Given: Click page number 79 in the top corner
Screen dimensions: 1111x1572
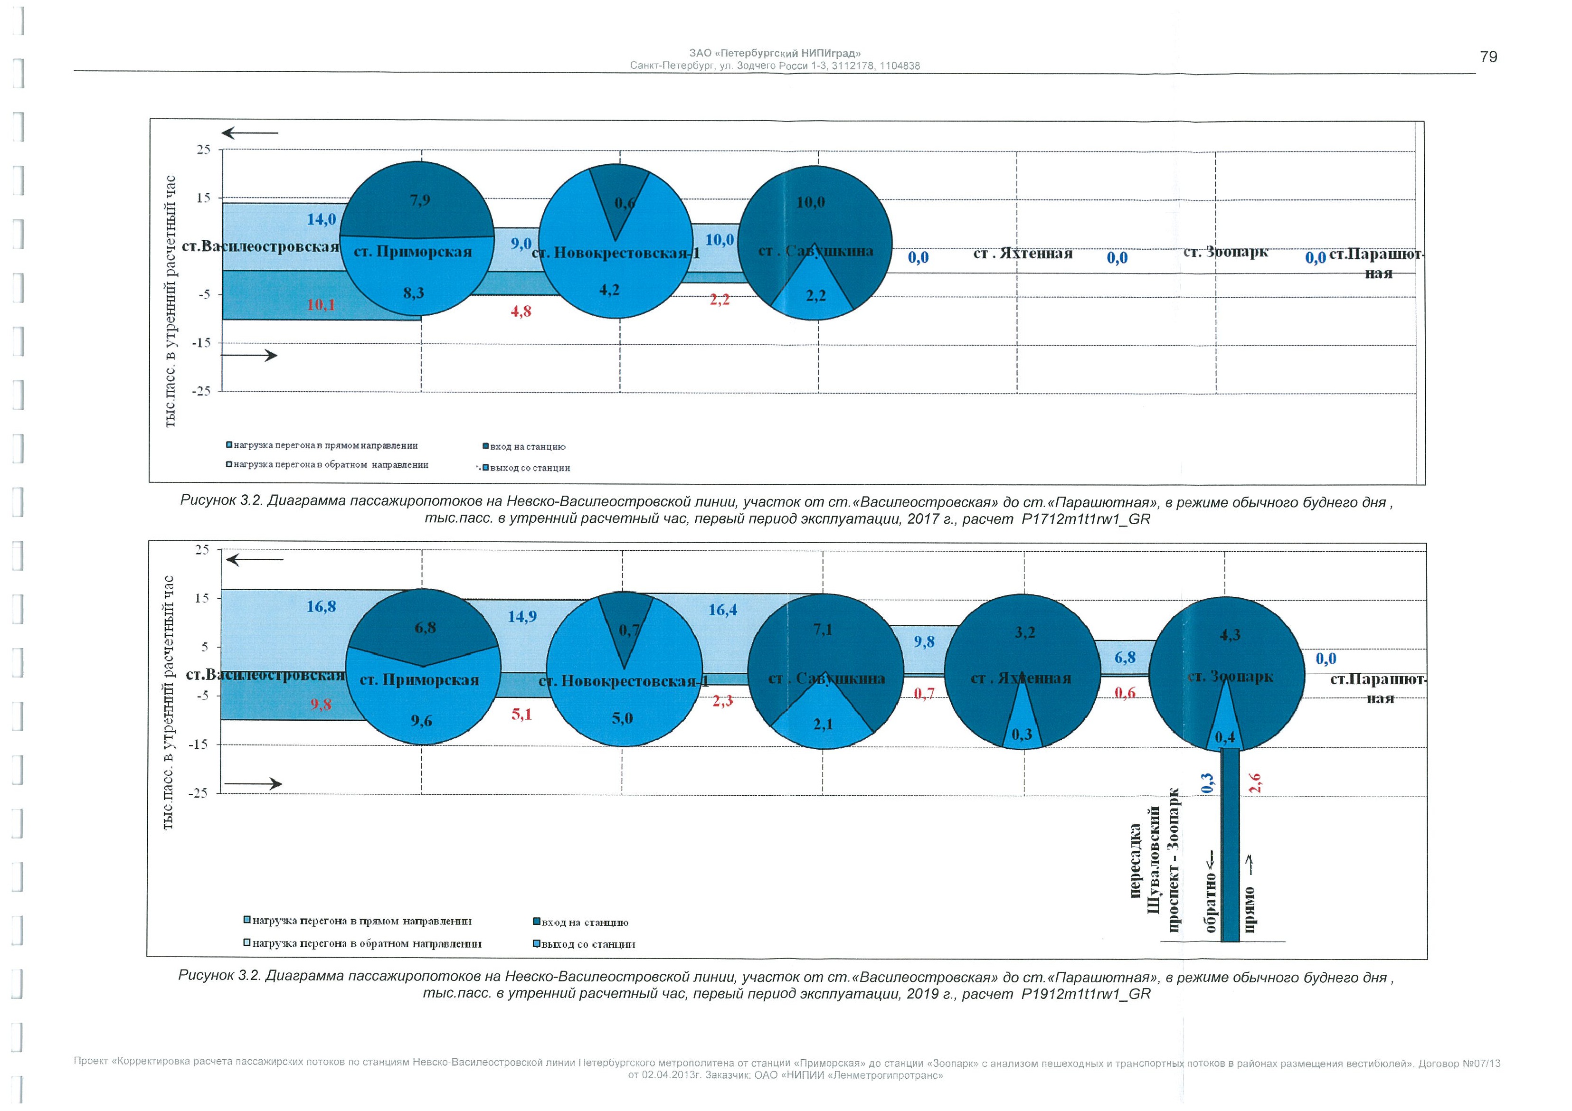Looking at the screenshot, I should pos(1488,57).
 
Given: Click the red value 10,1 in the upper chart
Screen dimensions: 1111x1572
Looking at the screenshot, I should pos(321,305).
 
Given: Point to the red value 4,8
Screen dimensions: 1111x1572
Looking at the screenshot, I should pos(521,311).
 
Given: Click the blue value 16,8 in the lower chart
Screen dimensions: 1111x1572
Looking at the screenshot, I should pos(321,606).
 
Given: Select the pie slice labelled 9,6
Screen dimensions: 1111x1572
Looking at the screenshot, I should pos(421,720).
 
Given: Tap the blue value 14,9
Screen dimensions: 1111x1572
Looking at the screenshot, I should pos(522,617).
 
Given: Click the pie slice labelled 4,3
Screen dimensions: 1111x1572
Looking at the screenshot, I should pos(1230,635).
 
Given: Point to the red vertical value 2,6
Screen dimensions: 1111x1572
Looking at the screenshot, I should pos(1255,783).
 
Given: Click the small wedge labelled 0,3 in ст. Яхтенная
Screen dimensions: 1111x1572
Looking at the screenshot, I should pos(1022,734).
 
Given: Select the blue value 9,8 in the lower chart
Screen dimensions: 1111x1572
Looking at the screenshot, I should pos(924,642).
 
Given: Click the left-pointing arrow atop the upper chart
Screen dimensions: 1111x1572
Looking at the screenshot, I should pos(249,133).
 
